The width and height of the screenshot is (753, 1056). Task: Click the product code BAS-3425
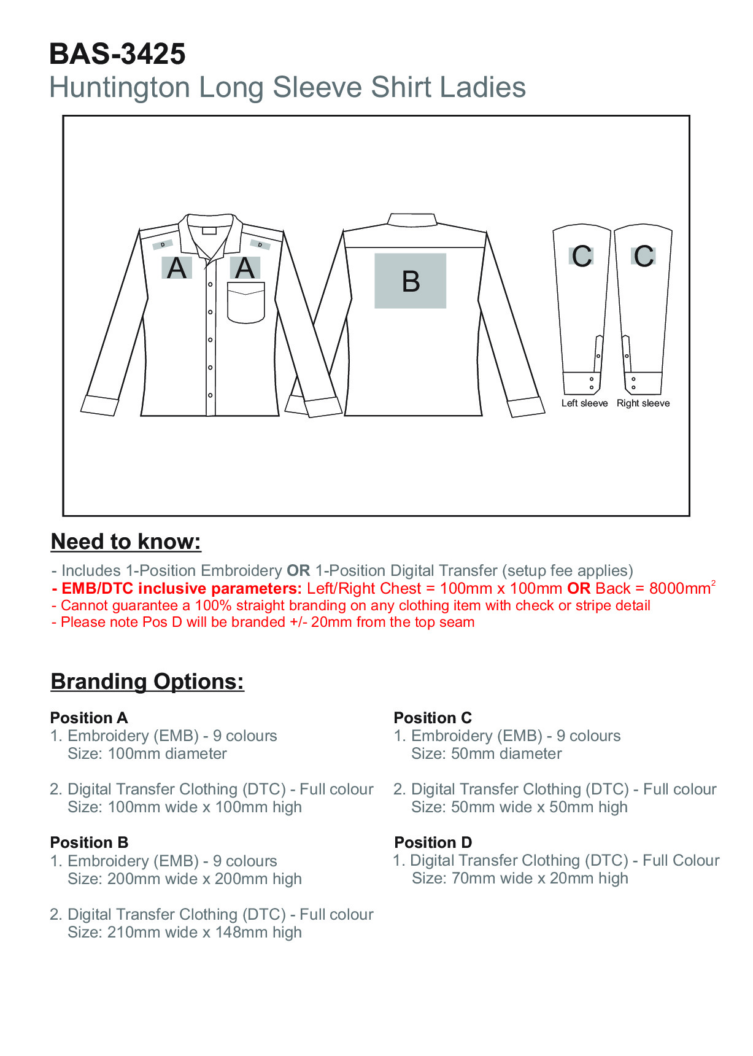click(117, 54)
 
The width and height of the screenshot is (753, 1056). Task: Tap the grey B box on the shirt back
click(410, 281)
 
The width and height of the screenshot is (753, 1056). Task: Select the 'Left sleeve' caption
click(584, 403)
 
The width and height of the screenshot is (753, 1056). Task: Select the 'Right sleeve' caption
click(643, 403)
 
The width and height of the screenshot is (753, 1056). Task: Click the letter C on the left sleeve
click(582, 256)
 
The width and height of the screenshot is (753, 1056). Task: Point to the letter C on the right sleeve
click(644, 256)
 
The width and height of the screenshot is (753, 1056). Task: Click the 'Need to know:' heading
click(126, 542)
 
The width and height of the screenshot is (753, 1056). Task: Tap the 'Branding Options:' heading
click(147, 681)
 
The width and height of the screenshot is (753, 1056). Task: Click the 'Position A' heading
click(89, 718)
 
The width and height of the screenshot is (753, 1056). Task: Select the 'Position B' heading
click(89, 842)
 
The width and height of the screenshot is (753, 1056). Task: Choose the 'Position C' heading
click(433, 718)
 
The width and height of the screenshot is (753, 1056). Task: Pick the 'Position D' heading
click(433, 842)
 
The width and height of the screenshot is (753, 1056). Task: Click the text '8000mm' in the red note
click(679, 589)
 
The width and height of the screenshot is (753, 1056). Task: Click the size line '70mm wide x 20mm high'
click(520, 879)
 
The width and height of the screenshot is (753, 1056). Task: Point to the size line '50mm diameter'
click(486, 754)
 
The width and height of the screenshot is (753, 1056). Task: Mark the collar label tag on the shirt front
click(209, 231)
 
